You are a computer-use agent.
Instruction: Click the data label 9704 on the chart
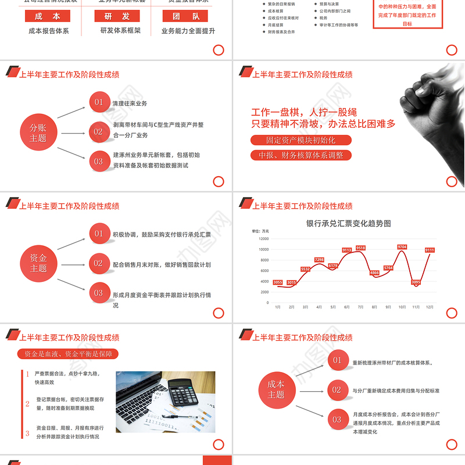[x=402, y=247]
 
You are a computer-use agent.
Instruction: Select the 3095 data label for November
[x=416, y=282]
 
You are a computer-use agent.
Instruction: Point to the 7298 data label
[x=319, y=260]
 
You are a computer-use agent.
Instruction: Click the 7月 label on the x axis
[x=360, y=307]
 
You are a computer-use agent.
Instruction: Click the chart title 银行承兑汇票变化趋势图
[x=349, y=223]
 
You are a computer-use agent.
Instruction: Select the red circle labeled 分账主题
[x=38, y=133]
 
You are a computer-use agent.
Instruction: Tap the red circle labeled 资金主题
[x=38, y=263]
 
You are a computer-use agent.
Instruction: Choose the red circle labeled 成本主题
[x=276, y=389]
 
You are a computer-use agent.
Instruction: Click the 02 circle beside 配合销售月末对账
[x=99, y=263]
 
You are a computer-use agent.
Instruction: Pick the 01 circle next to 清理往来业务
[x=99, y=103]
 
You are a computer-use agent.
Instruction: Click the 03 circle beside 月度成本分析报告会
[x=337, y=419]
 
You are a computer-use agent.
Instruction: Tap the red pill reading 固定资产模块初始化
[x=301, y=140]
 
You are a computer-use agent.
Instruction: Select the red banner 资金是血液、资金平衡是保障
[x=67, y=353]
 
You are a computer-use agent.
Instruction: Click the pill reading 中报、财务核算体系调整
[x=301, y=155]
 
